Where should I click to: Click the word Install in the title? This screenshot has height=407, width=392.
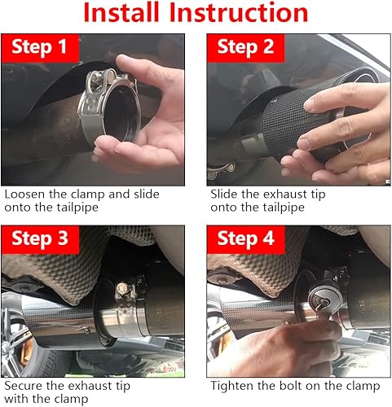pyautogui.click(x=121, y=12)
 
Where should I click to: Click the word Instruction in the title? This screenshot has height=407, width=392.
pyautogui.click(x=239, y=12)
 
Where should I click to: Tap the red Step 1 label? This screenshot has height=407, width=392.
pyautogui.click(x=40, y=48)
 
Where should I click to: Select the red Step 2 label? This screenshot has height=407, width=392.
pyautogui.click(x=245, y=48)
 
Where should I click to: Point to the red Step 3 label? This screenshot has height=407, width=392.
pyautogui.click(x=40, y=239)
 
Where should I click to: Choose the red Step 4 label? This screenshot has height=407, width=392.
pyautogui.click(x=245, y=239)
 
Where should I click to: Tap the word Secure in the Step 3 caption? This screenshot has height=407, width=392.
pyautogui.click(x=24, y=386)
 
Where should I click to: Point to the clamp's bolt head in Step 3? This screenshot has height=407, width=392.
pyautogui.click(x=121, y=288)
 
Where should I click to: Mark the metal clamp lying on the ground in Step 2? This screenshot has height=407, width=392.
pyautogui.click(x=221, y=171)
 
